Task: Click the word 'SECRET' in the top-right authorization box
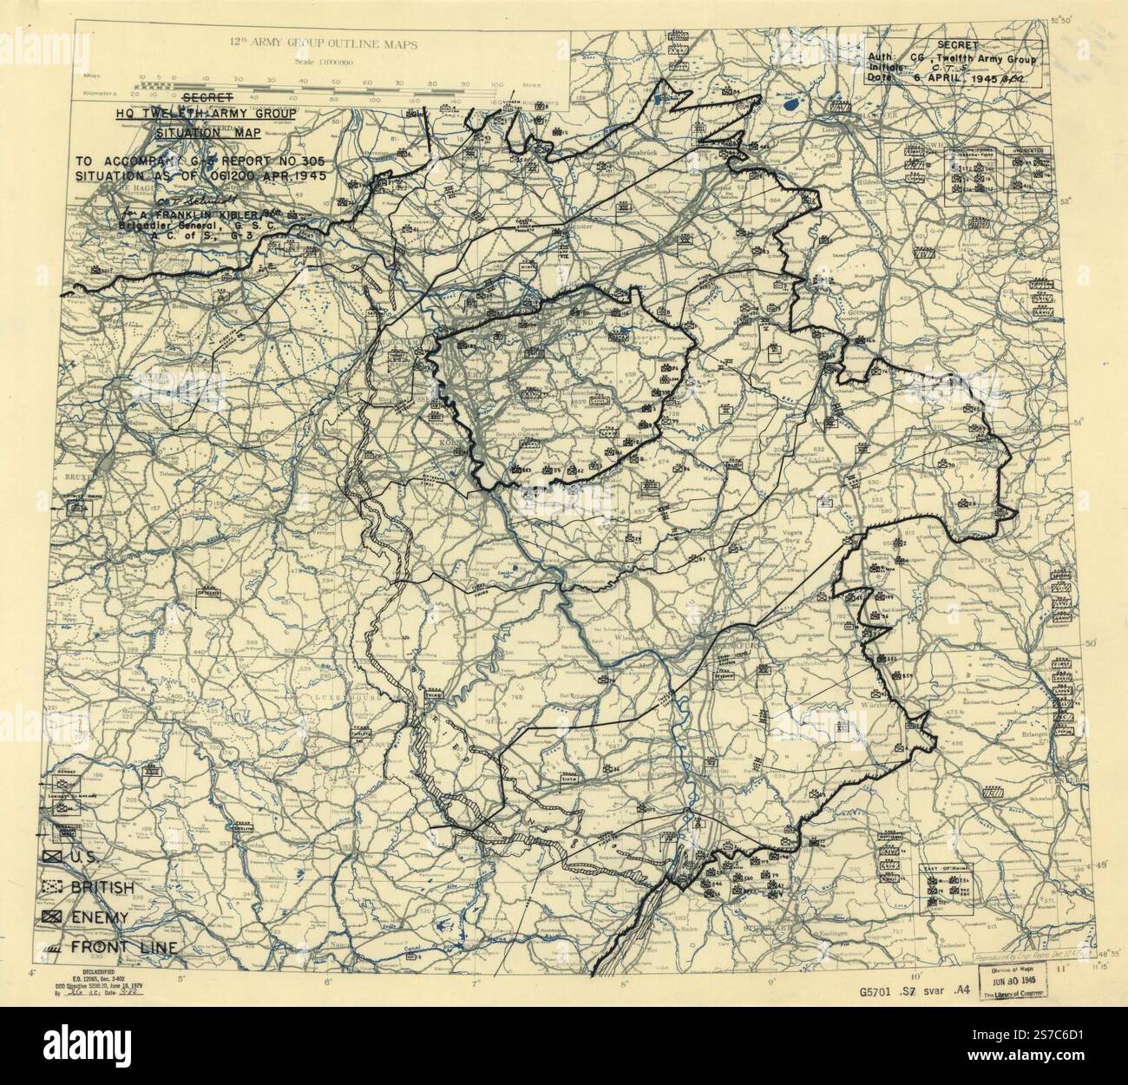tap(958, 44)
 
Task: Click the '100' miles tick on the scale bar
tap(495, 85)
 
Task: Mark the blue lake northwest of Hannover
tap(790, 108)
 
